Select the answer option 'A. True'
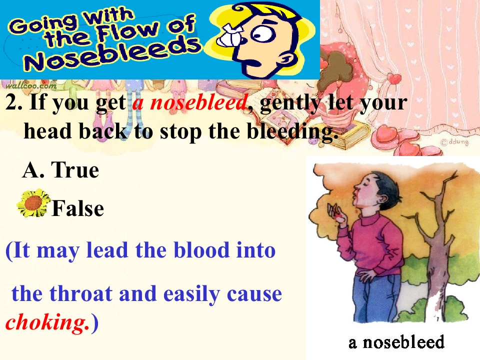point(60,170)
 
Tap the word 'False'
point(77,208)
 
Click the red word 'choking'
point(44,323)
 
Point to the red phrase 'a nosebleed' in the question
point(190,103)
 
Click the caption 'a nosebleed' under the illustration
point(396,342)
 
